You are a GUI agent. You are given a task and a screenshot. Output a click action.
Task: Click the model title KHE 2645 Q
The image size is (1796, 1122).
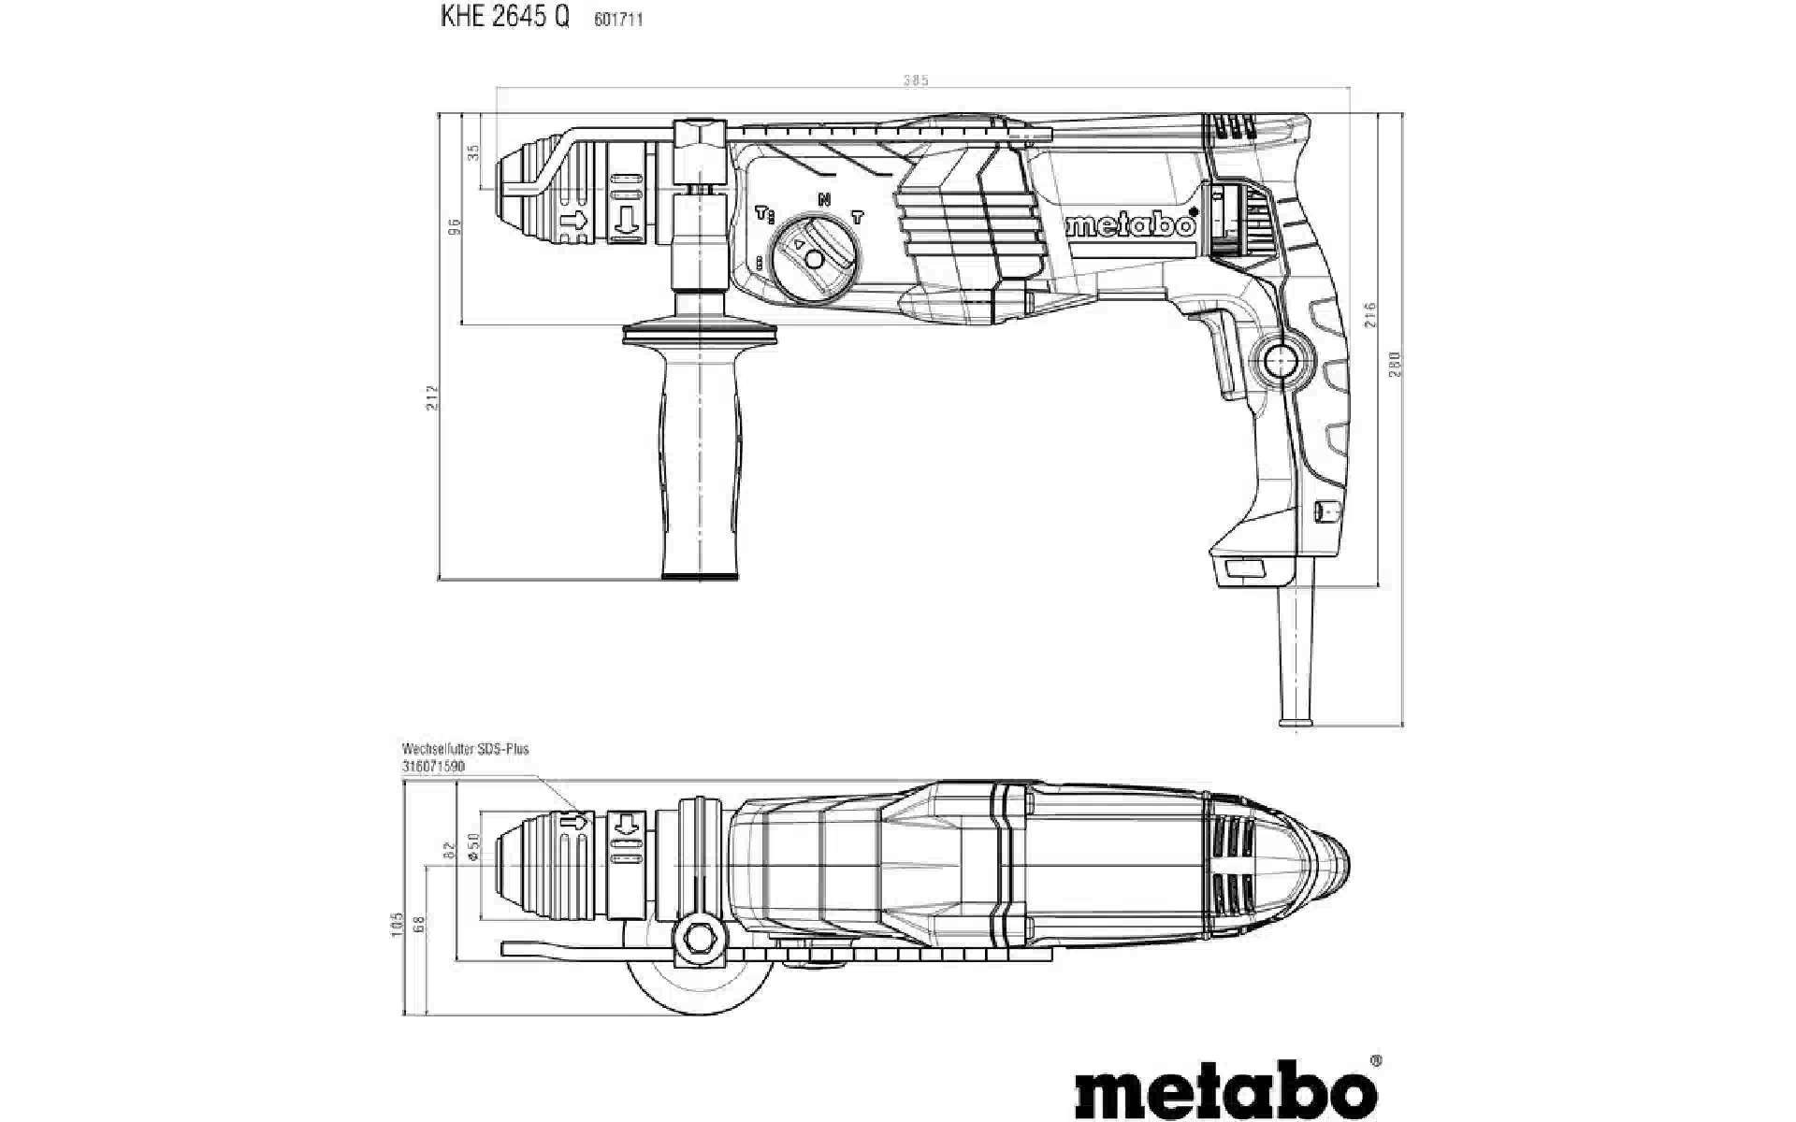coord(504,18)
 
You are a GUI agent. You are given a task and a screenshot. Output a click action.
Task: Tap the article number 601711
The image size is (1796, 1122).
coord(618,20)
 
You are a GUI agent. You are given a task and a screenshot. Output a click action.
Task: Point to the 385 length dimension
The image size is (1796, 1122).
coord(916,80)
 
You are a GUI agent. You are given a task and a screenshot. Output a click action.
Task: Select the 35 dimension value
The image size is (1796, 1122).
coord(473,151)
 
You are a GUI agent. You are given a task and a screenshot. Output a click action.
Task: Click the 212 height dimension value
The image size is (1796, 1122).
coord(431,396)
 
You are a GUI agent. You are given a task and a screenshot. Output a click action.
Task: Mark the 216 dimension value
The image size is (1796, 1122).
coord(1370,314)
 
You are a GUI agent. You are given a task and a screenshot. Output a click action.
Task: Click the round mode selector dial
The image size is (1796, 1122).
coord(813,259)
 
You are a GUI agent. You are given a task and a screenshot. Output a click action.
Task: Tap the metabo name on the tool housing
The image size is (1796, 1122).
coord(1132,225)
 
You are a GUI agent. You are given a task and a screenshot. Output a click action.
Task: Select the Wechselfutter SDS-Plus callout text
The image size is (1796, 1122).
coord(465,749)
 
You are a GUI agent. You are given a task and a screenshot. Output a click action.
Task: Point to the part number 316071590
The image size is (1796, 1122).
coord(433,766)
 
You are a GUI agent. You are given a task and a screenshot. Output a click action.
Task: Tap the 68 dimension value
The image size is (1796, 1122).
coord(419,924)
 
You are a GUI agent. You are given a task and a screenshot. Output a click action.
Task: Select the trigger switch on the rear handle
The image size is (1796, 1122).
coord(1224,355)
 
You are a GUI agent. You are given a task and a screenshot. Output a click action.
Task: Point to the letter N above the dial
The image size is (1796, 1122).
coord(824,199)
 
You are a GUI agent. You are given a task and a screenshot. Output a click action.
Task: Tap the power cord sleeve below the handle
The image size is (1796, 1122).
coord(1296,654)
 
